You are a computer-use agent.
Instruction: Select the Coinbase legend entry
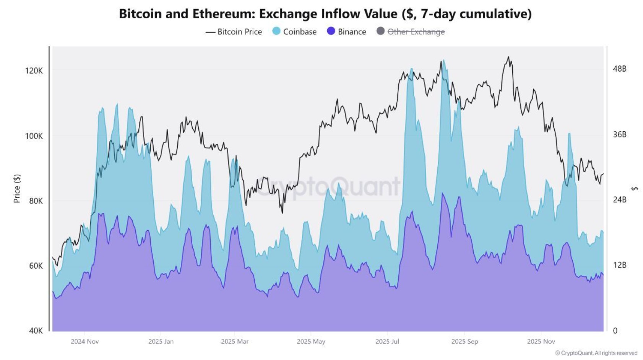[294, 32]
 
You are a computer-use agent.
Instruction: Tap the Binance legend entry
[346, 32]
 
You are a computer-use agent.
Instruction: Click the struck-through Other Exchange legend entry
[411, 32]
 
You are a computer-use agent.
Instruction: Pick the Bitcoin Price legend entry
[234, 32]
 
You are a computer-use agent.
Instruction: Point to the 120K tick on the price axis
[34, 71]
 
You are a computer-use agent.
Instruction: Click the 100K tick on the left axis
[34, 135]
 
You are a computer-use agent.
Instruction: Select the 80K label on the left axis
[36, 200]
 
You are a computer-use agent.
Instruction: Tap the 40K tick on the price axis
[36, 331]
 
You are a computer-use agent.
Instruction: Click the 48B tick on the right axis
[620, 69]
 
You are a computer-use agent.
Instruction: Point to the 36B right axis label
[620, 134]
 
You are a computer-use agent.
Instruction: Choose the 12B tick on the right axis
[620, 265]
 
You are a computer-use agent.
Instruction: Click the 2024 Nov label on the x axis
[85, 342]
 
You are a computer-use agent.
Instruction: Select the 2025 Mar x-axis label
[235, 342]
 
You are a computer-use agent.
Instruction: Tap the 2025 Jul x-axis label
[387, 342]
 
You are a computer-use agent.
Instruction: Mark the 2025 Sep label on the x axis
[464, 342]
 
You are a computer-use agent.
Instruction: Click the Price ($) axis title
[17, 189]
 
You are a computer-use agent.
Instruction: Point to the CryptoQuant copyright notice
[596, 353]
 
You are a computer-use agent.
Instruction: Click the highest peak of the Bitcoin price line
[509, 57]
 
